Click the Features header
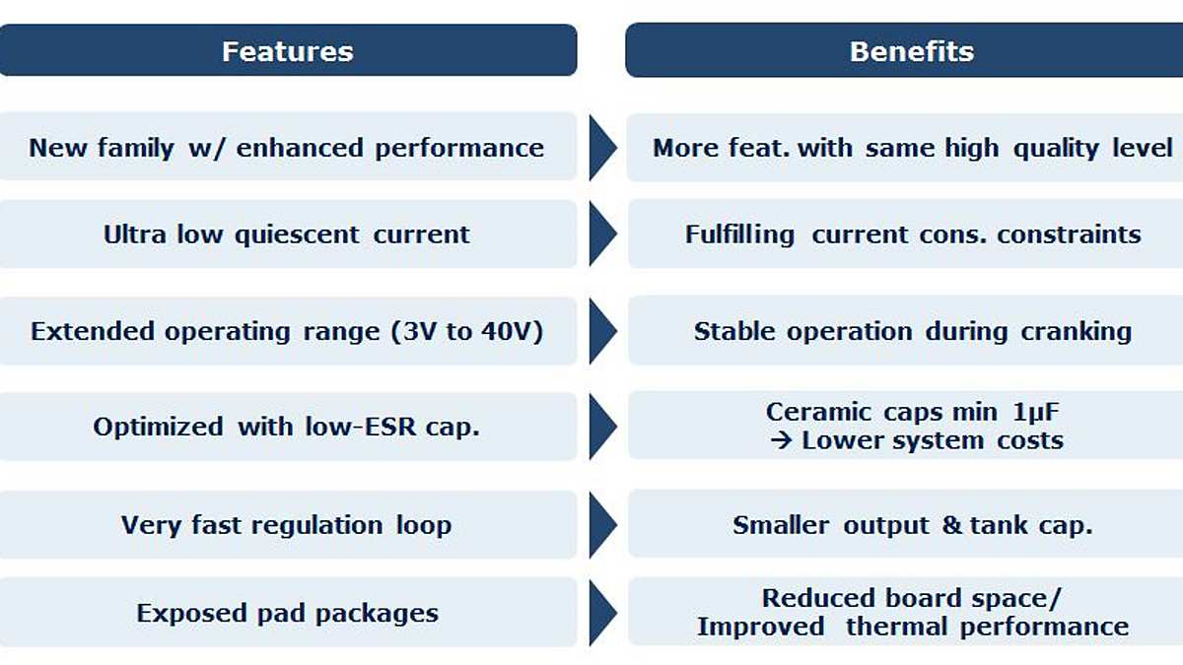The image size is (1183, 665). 287,51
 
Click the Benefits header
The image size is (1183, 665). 911,51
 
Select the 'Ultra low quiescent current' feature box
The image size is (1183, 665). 287,234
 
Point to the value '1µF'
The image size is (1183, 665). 1032,412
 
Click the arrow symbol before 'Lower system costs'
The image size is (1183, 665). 782,440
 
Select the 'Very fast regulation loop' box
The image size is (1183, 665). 287,525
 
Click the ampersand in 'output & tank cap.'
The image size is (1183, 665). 951,526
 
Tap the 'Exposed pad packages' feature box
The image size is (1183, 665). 287,613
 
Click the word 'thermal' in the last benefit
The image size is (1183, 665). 897,627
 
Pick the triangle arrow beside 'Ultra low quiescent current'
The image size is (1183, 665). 601,235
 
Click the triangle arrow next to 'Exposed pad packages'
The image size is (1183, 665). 601,613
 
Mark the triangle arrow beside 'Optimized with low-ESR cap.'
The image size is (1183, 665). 601,427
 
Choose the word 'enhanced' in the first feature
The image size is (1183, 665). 297,148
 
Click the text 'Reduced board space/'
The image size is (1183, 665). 911,598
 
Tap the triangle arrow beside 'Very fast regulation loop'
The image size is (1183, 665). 601,525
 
